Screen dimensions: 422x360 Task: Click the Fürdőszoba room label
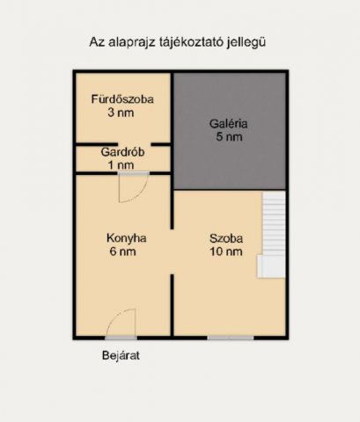click(x=122, y=99)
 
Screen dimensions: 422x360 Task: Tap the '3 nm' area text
click(x=122, y=113)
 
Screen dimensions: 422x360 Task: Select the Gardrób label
click(x=122, y=151)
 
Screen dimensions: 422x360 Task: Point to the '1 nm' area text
click(x=122, y=164)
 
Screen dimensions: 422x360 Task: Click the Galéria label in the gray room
click(x=229, y=124)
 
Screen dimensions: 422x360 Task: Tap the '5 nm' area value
click(x=229, y=138)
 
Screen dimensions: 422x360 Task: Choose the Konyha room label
click(x=126, y=237)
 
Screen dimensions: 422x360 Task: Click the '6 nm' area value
click(x=126, y=251)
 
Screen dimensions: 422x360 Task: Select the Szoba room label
click(x=225, y=237)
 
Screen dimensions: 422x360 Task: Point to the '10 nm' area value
click(x=225, y=251)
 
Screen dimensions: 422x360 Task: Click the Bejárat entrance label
click(x=120, y=356)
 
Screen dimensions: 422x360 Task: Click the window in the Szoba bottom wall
click(x=231, y=338)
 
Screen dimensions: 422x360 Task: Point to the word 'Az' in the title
click(x=97, y=41)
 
